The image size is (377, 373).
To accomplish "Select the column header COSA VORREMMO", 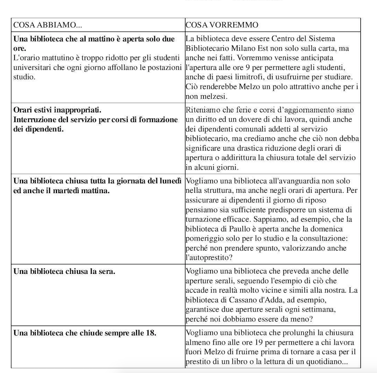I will click(222, 25).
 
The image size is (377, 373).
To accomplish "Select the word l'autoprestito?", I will click(209, 257).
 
